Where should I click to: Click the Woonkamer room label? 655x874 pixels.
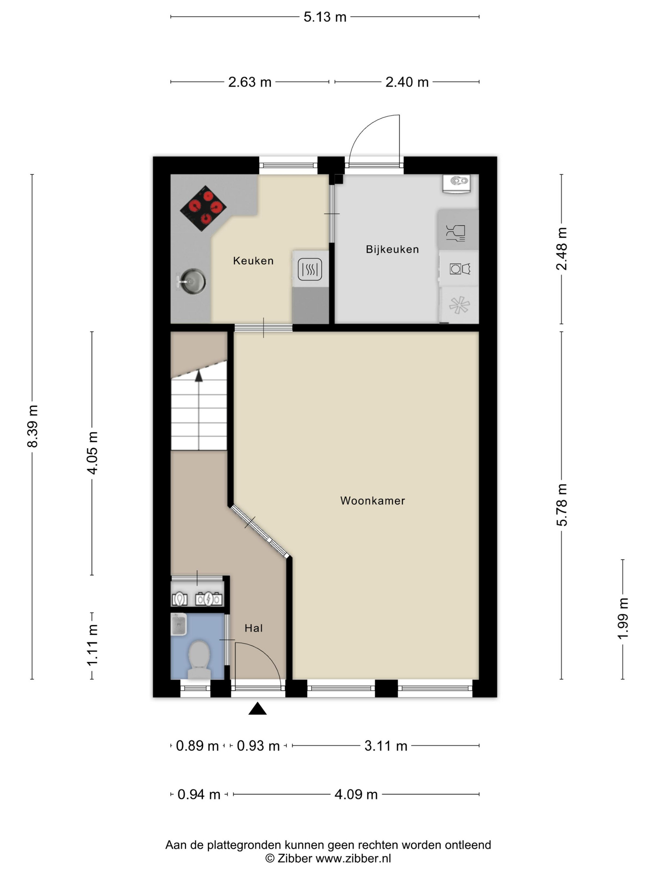coord(372,501)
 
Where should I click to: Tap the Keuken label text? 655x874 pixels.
coord(253,260)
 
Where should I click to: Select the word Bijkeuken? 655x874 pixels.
coord(392,249)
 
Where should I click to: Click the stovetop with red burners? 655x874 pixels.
coord(203,208)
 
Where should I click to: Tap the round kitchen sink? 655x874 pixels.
coord(192,281)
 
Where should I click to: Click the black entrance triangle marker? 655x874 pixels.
coord(257,709)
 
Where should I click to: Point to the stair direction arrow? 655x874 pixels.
coord(199,376)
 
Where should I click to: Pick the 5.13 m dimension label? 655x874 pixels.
coord(325,17)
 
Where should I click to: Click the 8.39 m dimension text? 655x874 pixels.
coord(33,426)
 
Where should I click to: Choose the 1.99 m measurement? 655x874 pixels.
coord(623,619)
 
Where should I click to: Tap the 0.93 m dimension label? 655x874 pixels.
coord(258,746)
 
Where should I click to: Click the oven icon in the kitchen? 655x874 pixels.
coord(310,269)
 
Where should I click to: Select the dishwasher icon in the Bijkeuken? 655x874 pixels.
coord(456,233)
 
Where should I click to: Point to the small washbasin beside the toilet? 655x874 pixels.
coord(178,624)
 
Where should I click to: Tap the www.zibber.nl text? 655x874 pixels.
coord(353,858)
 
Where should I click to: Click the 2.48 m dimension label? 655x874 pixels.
coord(561,248)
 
